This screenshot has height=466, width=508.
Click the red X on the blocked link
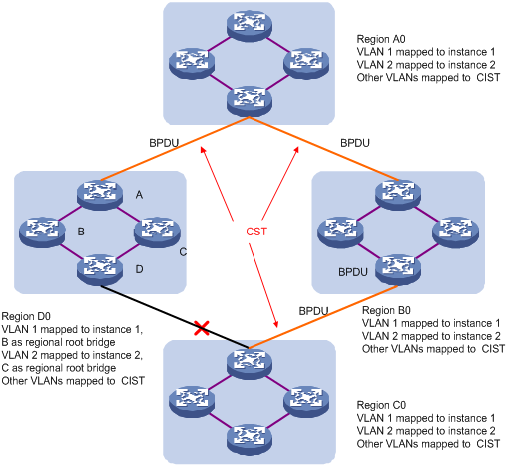coord(202,328)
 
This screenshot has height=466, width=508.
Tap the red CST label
coord(256,232)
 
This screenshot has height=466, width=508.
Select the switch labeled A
coord(100,195)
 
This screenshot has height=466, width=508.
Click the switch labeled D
coord(100,270)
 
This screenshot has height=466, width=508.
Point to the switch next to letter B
coord(42,233)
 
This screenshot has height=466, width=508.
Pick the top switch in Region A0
coord(250,26)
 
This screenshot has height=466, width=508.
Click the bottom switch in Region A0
coord(250,102)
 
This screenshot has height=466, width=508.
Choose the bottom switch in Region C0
coord(250,439)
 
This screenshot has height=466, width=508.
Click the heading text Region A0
coord(381,39)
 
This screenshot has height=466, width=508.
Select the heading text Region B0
coord(386,310)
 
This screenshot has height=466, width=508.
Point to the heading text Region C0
coord(381,405)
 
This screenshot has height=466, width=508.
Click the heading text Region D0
coord(26,316)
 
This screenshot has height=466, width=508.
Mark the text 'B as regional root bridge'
coord(59,342)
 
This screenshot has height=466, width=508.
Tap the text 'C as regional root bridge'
coord(59,368)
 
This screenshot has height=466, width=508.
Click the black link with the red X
coord(175,317)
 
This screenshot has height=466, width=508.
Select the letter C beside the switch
coord(183,252)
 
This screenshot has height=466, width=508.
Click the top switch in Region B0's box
coord(398,195)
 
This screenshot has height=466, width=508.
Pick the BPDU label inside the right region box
coord(353,272)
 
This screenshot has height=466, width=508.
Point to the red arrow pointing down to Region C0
coord(263,285)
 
